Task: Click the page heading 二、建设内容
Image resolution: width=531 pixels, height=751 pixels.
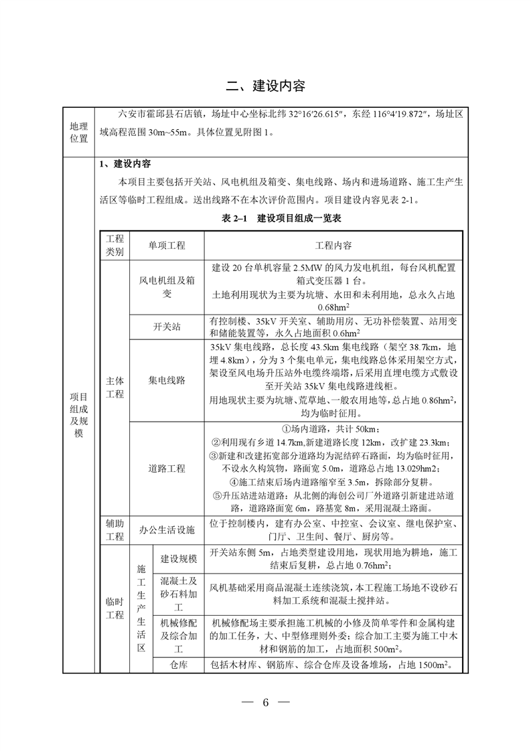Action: pyautogui.click(x=265, y=86)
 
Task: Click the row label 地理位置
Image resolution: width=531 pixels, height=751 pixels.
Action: pyautogui.click(x=79, y=133)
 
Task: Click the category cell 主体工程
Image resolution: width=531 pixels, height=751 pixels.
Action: pyautogui.click(x=115, y=388)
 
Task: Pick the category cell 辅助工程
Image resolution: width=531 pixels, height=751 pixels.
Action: pyautogui.click(x=115, y=530)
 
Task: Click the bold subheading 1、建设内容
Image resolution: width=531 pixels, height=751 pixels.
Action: pyautogui.click(x=125, y=164)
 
